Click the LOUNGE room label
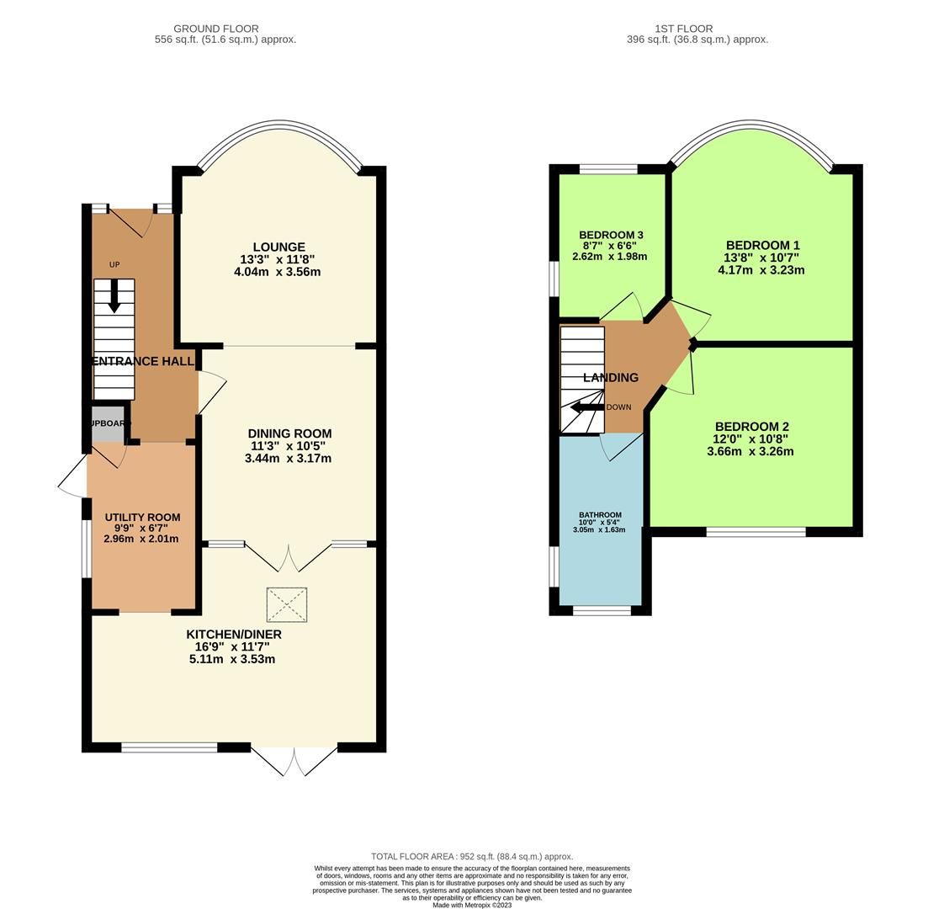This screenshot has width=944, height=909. point(278,247)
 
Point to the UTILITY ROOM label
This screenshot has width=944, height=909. point(142,518)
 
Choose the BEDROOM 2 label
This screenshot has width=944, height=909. point(750,427)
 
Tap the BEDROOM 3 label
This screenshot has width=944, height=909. point(611,235)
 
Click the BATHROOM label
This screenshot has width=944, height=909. point(600,515)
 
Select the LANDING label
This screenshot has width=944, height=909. point(611,378)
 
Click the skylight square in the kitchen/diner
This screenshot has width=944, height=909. point(287,605)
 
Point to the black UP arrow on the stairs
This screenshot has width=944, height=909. point(114,296)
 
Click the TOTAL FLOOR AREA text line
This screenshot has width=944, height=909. point(472,857)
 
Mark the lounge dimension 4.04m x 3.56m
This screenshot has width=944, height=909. point(277,272)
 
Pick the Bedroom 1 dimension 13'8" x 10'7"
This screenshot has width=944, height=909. point(761,258)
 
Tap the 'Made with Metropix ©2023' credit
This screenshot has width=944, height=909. point(472,905)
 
